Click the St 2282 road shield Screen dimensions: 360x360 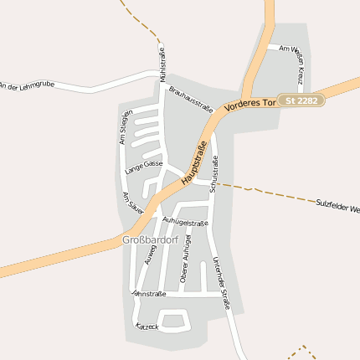[x=301, y=100]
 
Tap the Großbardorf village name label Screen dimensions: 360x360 [x=151, y=240]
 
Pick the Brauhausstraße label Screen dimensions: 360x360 [x=191, y=98]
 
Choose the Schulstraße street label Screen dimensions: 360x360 [x=214, y=177]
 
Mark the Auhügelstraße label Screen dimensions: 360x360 [x=185, y=222]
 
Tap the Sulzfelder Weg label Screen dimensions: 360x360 [x=338, y=204]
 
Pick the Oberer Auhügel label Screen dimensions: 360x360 [x=185, y=263]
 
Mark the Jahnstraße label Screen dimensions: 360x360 [x=149, y=294]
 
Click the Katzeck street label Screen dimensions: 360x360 [x=147, y=324]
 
